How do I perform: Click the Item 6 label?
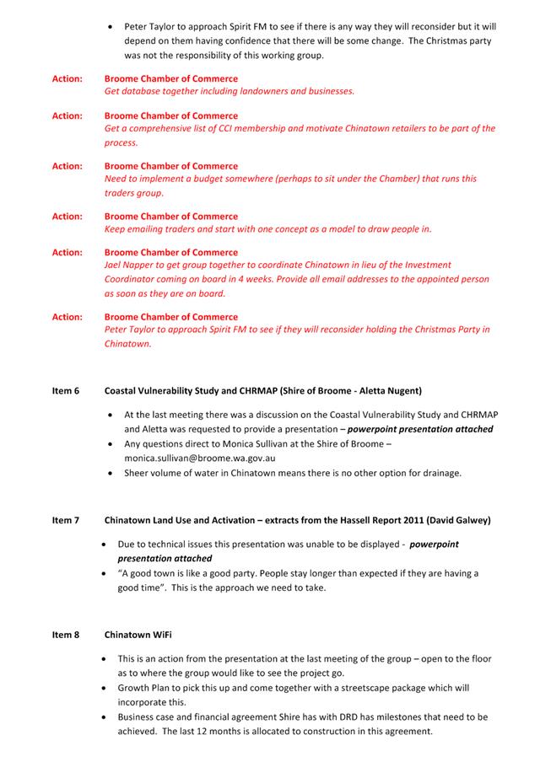point(65,391)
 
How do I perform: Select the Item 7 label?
point(65,520)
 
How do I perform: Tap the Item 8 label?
point(65,634)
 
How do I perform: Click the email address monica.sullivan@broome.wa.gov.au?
point(199,458)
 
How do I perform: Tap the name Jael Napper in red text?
point(130,265)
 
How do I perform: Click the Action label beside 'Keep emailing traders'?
point(67,217)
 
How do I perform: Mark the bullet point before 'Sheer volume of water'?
point(112,473)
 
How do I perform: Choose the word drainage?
point(438,473)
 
